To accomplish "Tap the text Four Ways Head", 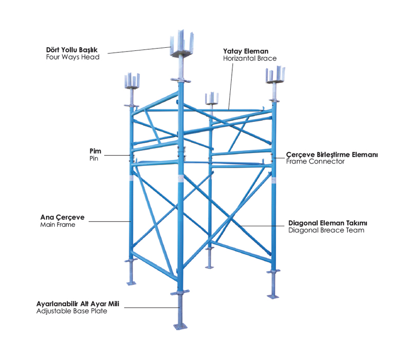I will coord(72,57).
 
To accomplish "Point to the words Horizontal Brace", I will coord(250,58).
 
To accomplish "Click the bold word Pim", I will coord(95,151).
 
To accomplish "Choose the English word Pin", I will coord(94,158).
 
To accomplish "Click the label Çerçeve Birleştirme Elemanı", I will coord(332,154).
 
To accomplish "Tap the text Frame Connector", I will coord(315,161).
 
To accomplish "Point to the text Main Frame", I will coord(58,225).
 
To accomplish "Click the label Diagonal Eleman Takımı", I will coord(328,223).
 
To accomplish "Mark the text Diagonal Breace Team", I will coord(326,230).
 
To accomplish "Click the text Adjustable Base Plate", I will coord(72,311).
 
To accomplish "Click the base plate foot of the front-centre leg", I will coord(180,326).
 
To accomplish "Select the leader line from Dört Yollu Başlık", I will coord(139,50).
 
